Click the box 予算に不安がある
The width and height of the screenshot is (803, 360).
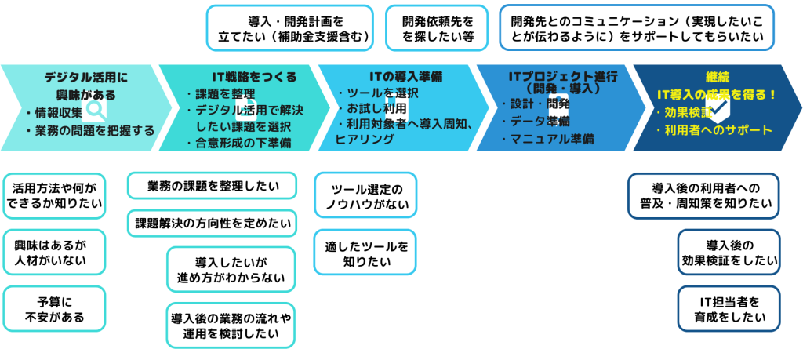point(55,309)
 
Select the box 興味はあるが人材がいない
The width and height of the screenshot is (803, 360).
point(55,252)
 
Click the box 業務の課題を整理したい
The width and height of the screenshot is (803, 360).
point(213,186)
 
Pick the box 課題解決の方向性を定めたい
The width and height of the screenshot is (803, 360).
point(213,223)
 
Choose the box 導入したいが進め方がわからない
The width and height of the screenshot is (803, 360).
point(231,269)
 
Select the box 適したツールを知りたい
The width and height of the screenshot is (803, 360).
point(365,252)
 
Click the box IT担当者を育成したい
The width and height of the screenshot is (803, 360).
point(729,309)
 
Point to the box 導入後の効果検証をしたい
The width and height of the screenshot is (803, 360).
point(729,252)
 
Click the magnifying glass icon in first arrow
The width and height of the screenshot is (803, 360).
point(96,108)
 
